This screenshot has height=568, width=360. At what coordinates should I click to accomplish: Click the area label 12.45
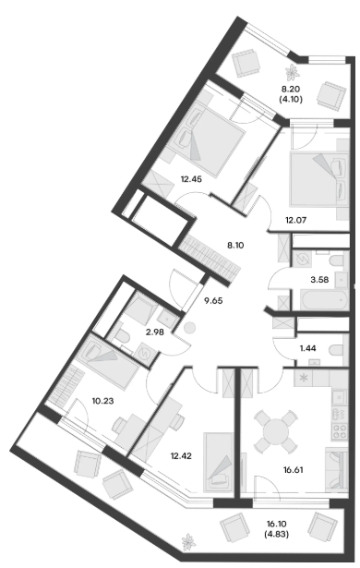click(191, 179)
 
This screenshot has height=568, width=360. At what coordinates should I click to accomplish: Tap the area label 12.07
click(296, 220)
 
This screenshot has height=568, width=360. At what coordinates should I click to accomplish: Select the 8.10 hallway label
click(235, 246)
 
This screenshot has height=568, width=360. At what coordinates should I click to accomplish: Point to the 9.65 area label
click(213, 301)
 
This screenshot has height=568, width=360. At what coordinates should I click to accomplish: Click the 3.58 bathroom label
click(319, 279)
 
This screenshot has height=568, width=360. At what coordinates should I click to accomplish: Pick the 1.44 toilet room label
click(308, 348)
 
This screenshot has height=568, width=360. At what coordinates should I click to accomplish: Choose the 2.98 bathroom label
click(155, 332)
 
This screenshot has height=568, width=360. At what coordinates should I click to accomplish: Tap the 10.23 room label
click(102, 401)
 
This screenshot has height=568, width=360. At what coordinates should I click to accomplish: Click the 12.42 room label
click(181, 455)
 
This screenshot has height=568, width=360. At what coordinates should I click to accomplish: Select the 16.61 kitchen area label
click(293, 470)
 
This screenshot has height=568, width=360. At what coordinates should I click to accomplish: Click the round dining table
click(276, 431)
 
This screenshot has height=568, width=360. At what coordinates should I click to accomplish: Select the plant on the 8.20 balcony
click(292, 72)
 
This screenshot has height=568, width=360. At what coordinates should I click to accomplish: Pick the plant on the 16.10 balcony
click(188, 542)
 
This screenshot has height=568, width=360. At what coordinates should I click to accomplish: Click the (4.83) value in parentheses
click(277, 534)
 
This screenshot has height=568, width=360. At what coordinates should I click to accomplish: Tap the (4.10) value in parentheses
click(291, 99)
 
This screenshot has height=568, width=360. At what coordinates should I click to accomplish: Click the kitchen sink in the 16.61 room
click(340, 397)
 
